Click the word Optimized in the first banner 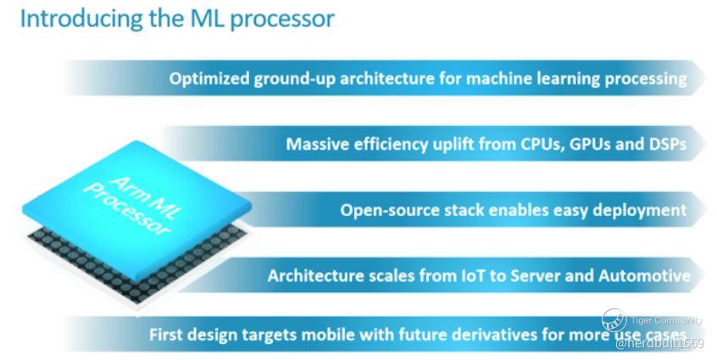[208, 79]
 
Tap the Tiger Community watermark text [666, 320]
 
